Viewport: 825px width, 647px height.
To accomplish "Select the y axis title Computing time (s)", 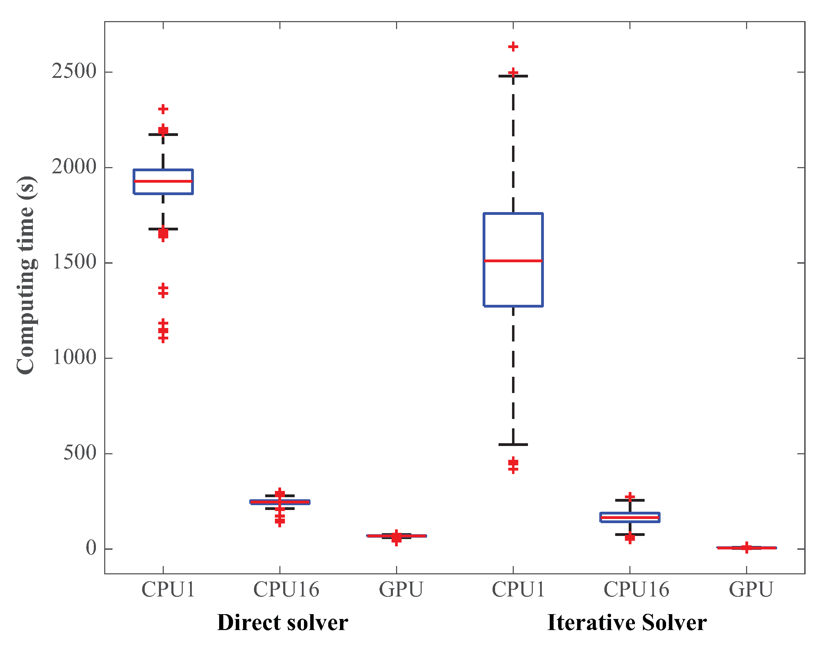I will point(27,275).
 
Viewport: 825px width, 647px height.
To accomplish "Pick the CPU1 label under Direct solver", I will point(168,590).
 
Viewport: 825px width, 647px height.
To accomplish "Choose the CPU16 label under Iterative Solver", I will point(636,590).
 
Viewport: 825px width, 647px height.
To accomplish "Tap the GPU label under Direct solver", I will point(401,590).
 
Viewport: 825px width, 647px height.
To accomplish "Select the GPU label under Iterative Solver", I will point(751,590).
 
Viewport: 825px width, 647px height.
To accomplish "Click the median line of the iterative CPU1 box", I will point(513,261).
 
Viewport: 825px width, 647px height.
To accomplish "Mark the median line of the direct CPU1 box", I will point(163,181).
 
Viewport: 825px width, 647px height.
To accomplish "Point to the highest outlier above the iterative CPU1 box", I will point(513,47).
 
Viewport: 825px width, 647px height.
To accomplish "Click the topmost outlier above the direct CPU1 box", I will point(163,109).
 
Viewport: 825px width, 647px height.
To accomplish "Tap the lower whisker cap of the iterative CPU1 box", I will point(513,444).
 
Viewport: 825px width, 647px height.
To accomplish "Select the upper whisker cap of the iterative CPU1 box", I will point(513,76).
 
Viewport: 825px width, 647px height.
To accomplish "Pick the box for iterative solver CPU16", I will point(630,518).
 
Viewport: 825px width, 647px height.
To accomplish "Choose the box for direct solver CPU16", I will point(280,502).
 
